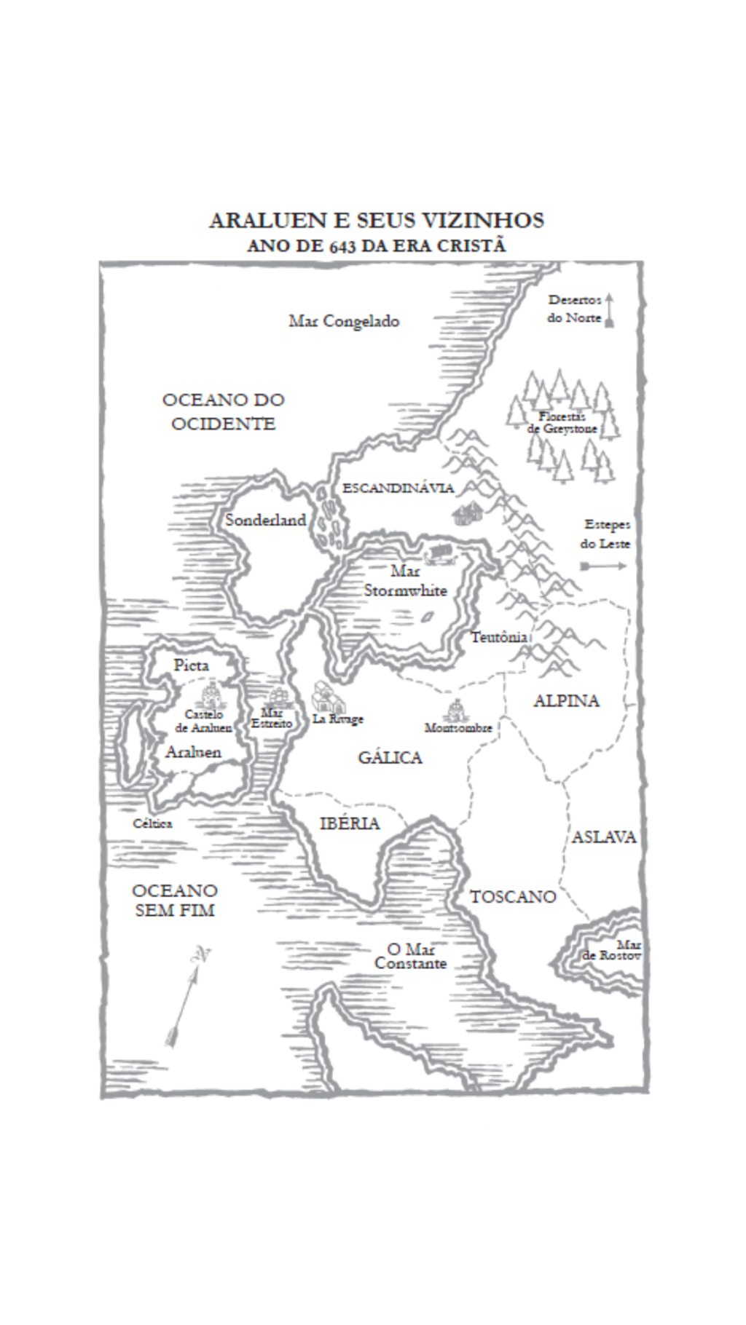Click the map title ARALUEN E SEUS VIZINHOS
pyautogui.click(x=376, y=221)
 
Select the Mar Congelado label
pyautogui.click(x=344, y=321)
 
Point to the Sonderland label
pyautogui.click(x=265, y=520)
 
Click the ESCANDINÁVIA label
pyautogui.click(x=398, y=488)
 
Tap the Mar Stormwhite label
pyautogui.click(x=405, y=581)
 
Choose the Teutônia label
pyautogui.click(x=499, y=637)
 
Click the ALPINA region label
pyautogui.click(x=566, y=701)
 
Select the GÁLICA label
pyautogui.click(x=390, y=758)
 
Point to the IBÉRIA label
pyautogui.click(x=350, y=823)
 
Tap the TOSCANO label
pyautogui.click(x=513, y=897)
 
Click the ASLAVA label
pyautogui.click(x=604, y=837)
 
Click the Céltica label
pyautogui.click(x=153, y=823)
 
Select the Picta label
pyautogui.click(x=192, y=665)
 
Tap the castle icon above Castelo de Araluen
pyautogui.click(x=209, y=692)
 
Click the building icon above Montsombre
pyautogui.click(x=456, y=708)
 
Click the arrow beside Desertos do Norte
pyautogui.click(x=610, y=311)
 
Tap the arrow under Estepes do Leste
pyautogui.click(x=604, y=566)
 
